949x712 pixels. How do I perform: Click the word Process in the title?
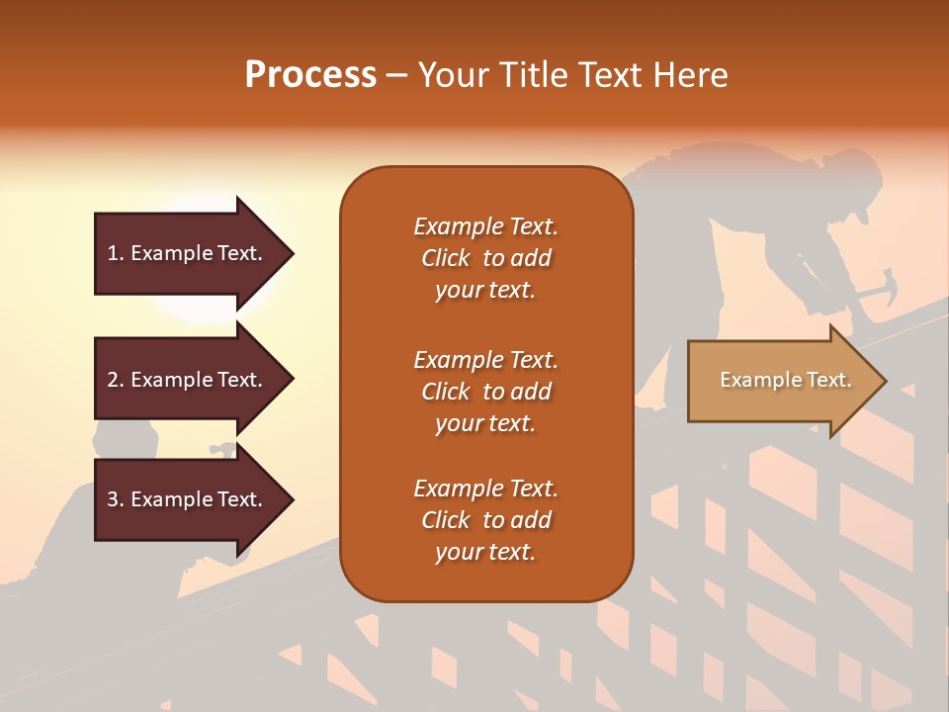click(310, 75)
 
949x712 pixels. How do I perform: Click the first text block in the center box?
click(485, 258)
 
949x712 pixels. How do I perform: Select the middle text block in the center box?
click(485, 392)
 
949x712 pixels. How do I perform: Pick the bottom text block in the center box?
click(485, 520)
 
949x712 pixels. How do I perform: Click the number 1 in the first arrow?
click(113, 254)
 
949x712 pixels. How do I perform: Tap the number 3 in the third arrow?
click(113, 500)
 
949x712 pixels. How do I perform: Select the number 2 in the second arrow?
click(113, 380)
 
